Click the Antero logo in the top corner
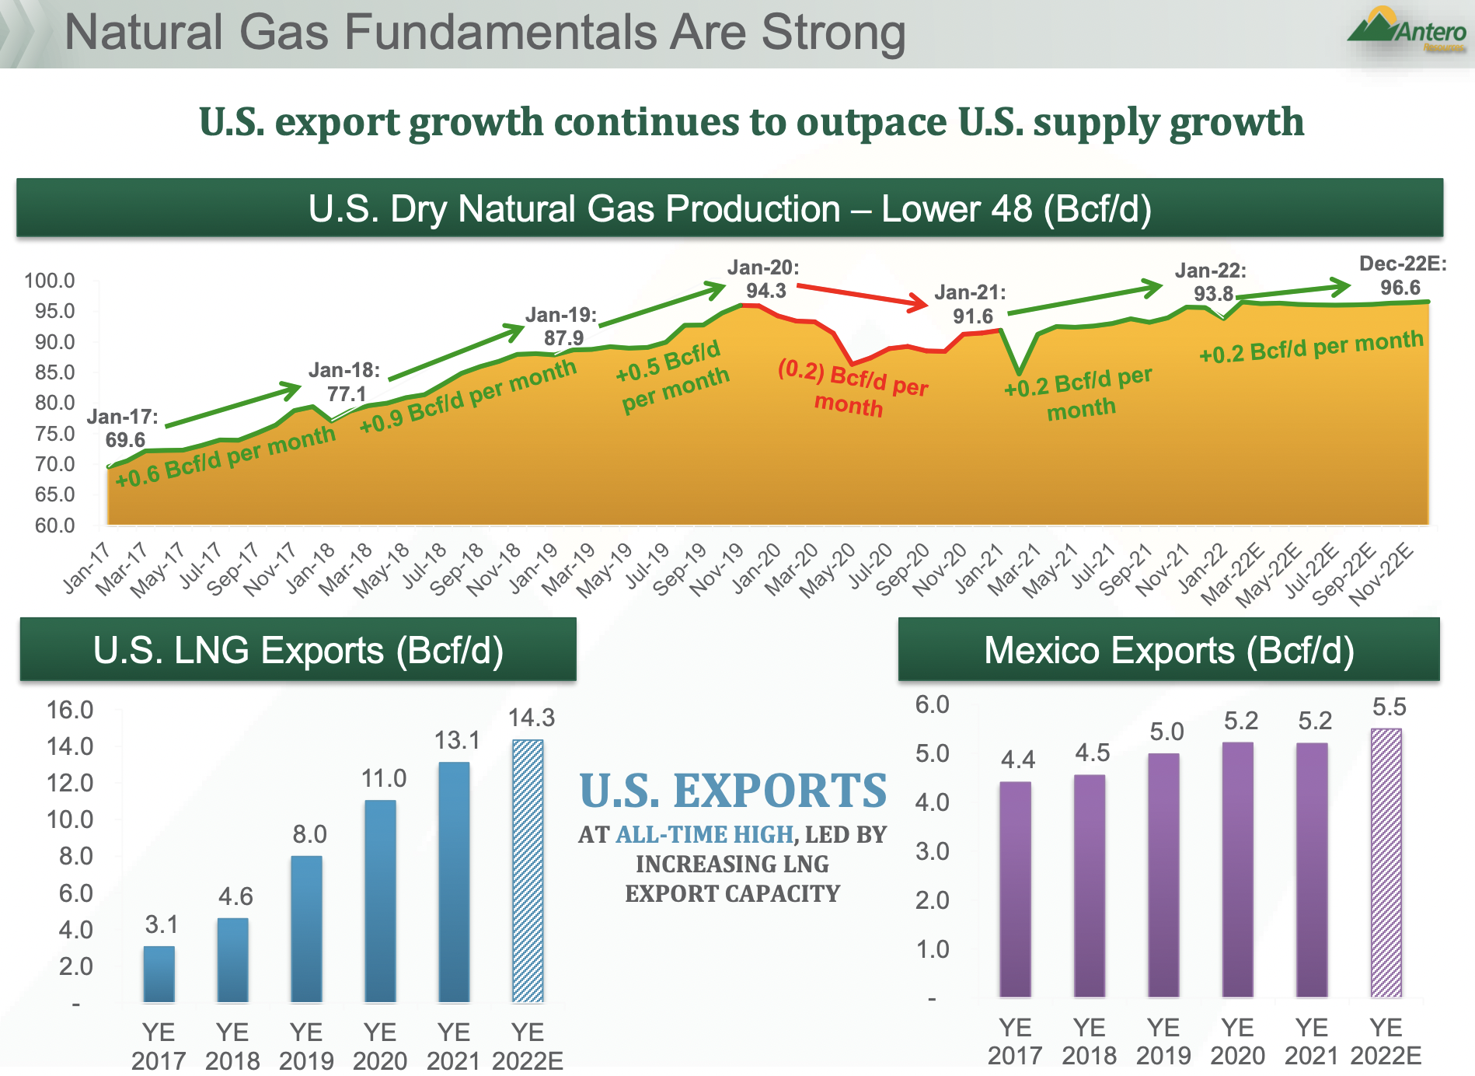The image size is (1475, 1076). coord(1407,31)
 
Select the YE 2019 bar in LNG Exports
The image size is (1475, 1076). coord(306,928)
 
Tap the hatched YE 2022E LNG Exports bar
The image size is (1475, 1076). coord(528,871)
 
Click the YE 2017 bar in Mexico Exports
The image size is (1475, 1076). coord(1015,889)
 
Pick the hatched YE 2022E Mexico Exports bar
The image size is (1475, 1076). coord(1386,863)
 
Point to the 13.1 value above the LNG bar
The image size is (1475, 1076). coord(457,740)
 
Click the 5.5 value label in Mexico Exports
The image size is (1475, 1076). coord(1389,707)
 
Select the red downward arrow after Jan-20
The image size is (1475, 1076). coord(863,296)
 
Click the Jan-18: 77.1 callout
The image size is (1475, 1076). coord(345,382)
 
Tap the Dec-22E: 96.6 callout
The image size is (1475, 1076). coord(1402,275)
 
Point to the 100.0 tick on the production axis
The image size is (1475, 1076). coord(50,281)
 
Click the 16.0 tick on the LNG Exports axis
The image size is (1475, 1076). coord(70,710)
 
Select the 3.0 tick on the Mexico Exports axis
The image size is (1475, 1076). coord(932,851)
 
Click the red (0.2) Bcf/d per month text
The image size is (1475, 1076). coord(852,388)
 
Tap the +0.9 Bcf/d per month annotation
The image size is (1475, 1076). coord(468,397)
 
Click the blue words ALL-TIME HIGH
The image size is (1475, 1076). coord(704,834)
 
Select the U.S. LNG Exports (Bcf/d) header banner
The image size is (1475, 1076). coord(298,650)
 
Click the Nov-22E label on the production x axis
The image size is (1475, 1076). coord(1382,574)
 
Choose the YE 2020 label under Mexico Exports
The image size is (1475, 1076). coord(1237,1042)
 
